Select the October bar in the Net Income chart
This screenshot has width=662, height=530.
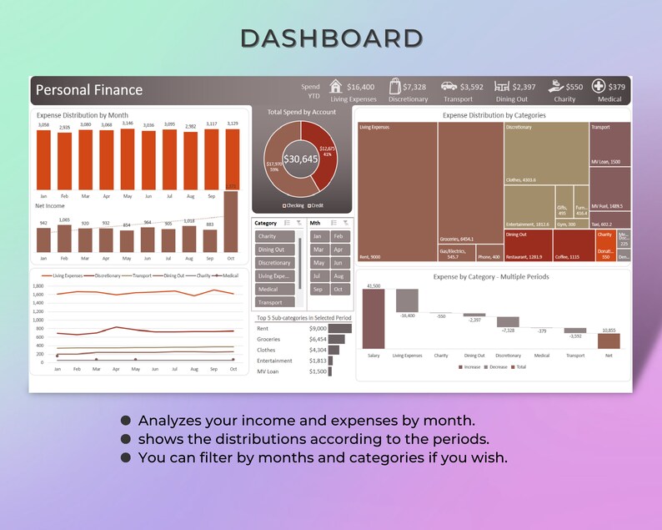232,221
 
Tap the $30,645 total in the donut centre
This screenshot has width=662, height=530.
301,159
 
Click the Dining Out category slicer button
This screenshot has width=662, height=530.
273,250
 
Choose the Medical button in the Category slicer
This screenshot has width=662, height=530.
273,289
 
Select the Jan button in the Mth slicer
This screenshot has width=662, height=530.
318,236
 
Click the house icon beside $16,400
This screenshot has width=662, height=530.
336,86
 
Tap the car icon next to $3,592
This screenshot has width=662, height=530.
449,86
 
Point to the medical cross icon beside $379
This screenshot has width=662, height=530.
598,86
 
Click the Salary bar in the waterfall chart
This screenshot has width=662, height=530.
374,318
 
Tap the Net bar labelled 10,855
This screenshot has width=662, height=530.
609,341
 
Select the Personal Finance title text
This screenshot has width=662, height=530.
89,90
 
